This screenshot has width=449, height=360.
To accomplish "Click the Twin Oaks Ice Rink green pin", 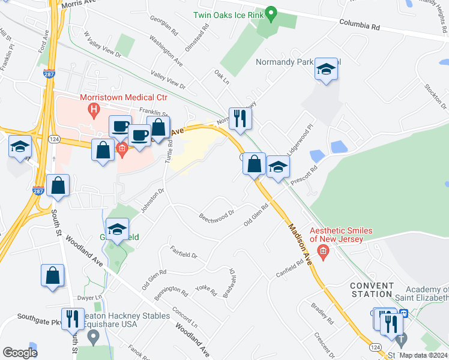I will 271,13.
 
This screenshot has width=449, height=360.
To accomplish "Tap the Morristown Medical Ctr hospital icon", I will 93,109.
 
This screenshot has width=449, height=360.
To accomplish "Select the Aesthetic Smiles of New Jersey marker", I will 323,251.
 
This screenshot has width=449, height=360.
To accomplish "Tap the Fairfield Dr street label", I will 183,256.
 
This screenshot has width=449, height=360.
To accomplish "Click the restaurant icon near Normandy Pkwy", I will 240,118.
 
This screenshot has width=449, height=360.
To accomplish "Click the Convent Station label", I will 372,289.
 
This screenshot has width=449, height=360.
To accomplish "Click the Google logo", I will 20,352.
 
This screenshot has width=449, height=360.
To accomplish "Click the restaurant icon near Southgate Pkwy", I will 73,319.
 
